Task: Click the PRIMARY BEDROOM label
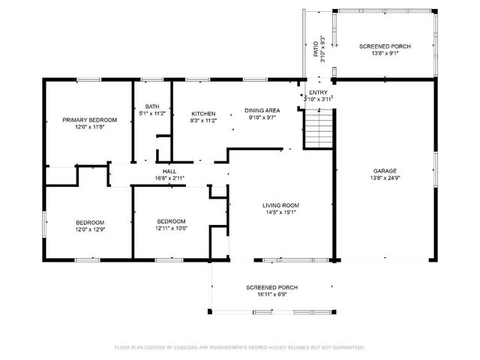coord(89,120)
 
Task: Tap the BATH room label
coord(152,106)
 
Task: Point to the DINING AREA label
coord(262,110)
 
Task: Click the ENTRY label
coord(318,92)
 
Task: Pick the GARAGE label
coord(385,171)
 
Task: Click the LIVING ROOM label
coord(280,205)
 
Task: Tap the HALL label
coord(169,171)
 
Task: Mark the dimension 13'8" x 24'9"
coord(385,178)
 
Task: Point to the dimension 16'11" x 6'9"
coord(272,295)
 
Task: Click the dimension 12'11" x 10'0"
coord(172,228)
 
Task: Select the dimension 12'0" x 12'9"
coord(89,229)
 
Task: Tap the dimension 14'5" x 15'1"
coord(280,212)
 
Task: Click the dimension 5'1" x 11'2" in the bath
coord(152,113)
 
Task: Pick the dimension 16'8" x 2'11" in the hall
coord(169,178)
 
